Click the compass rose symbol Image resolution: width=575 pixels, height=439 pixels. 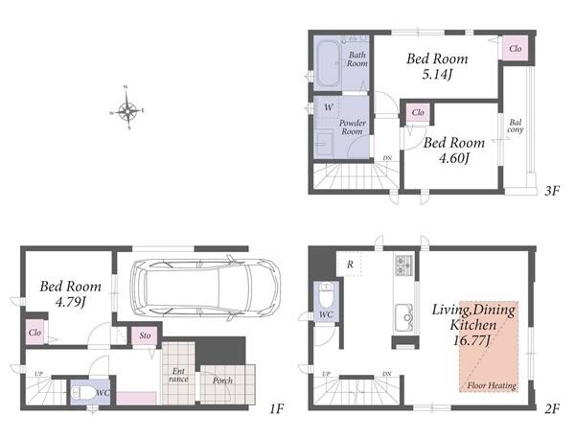[x=126, y=109]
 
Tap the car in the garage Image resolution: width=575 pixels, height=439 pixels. [x=205, y=289]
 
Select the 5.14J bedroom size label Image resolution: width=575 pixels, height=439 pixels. [x=437, y=75]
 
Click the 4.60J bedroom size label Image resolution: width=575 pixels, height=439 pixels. [x=454, y=158]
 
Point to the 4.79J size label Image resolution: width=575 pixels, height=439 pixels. [x=70, y=302]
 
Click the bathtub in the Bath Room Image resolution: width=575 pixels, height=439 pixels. [x=328, y=63]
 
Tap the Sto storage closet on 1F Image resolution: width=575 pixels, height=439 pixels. [x=145, y=335]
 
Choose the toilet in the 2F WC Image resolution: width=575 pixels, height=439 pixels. [x=326, y=295]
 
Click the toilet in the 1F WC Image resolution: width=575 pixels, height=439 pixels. [x=82, y=393]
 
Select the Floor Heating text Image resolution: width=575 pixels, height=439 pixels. [x=492, y=385]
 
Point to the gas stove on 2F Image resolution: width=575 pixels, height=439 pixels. [x=403, y=265]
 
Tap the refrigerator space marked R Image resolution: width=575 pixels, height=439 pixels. [x=350, y=264]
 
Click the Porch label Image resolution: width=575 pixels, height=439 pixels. [x=222, y=381]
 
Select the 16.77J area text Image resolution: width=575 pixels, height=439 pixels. [x=471, y=340]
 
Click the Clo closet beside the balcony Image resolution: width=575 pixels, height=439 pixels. [x=515, y=48]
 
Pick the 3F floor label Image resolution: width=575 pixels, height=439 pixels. [x=552, y=191]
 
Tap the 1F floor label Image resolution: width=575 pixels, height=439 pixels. [x=277, y=408]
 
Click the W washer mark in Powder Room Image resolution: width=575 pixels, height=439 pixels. [x=329, y=107]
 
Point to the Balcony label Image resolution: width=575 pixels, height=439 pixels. [x=516, y=126]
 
